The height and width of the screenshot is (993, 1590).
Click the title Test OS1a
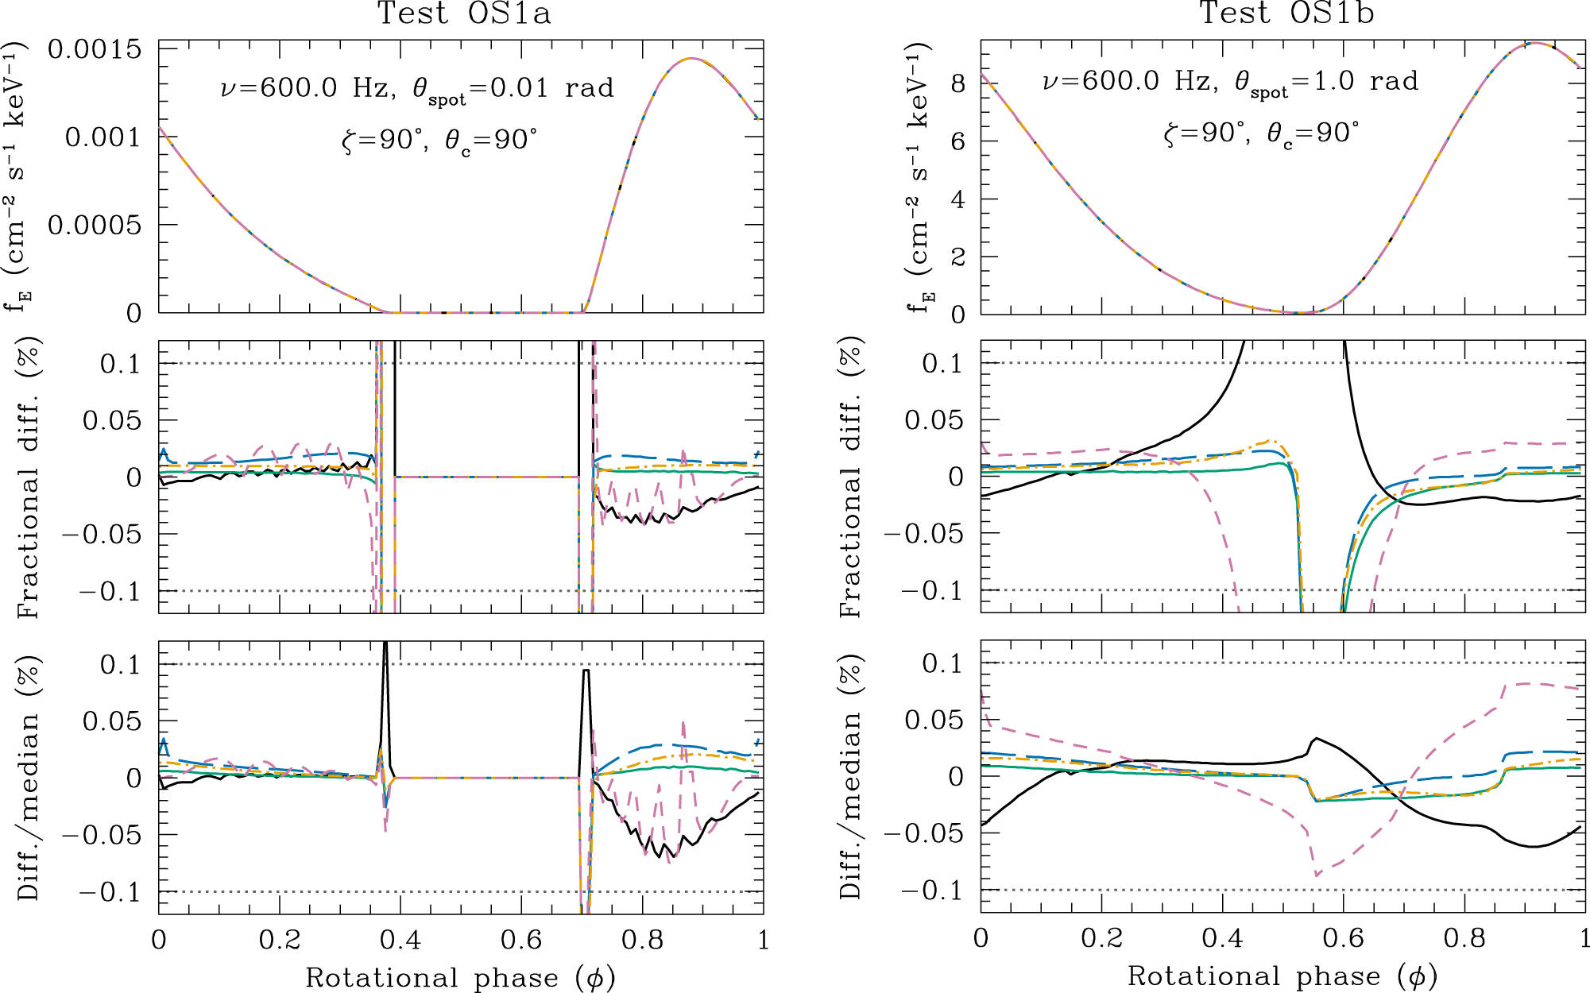point(463,14)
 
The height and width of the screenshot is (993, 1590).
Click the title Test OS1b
point(1286,14)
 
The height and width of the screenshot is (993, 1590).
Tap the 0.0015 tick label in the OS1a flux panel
point(94,49)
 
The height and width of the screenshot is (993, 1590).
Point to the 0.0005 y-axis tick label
point(94,225)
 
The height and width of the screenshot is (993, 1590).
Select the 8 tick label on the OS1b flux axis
point(957,83)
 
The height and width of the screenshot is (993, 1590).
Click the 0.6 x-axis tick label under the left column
point(521,941)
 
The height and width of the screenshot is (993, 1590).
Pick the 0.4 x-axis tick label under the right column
point(1222,939)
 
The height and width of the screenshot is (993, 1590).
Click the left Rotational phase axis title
point(460,978)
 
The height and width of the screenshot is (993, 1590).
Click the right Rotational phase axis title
point(1282,976)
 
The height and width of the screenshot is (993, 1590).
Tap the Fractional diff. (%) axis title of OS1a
point(29,477)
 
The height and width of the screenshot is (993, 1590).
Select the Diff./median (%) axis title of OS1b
point(851,776)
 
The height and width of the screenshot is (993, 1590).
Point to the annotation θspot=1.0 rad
point(1326,83)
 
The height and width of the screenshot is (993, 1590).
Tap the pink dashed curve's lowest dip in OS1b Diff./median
point(1317,875)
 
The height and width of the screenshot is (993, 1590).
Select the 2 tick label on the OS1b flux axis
point(957,257)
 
